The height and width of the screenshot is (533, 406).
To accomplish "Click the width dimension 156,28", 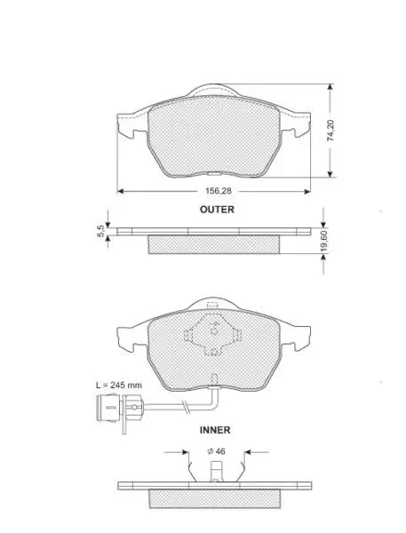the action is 218,191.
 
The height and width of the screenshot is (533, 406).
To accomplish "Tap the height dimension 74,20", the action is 330,131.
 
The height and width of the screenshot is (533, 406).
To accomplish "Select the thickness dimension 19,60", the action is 323,242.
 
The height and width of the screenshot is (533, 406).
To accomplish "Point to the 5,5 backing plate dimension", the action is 100,232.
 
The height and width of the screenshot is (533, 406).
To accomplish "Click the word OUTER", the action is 217,210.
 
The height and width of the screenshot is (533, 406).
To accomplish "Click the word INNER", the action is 215,430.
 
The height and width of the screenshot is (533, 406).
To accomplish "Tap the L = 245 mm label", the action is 119,386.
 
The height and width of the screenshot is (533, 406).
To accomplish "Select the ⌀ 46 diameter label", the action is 216,451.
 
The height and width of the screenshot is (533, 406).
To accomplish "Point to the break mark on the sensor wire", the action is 186,406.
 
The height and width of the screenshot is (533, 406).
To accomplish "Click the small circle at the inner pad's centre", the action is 215,330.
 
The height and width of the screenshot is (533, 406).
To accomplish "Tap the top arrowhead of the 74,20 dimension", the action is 330,87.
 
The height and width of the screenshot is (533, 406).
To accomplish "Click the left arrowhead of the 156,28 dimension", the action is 120,191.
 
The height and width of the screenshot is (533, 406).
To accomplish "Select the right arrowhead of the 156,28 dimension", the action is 307,191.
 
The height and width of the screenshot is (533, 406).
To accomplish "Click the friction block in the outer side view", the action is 214,244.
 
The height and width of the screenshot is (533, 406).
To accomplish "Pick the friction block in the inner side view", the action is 215,499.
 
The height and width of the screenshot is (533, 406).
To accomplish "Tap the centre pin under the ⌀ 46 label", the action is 216,472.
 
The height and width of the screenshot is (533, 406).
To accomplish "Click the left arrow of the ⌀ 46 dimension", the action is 176,452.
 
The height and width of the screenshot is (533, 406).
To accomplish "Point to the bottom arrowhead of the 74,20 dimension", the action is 330,174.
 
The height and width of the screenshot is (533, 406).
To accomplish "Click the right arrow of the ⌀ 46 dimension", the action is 257,452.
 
